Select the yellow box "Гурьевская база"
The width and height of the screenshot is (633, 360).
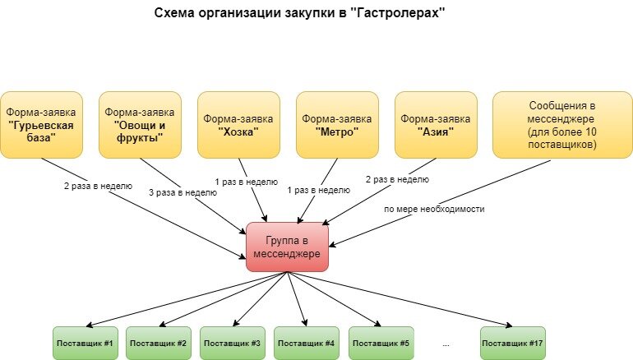[41, 124]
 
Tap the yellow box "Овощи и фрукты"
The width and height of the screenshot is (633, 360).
[140, 124]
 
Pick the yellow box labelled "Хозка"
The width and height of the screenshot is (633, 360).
[238, 124]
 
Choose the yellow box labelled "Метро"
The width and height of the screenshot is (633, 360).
[337, 124]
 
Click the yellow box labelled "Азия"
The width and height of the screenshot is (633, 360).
[436, 124]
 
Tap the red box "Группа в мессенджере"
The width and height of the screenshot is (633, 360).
[288, 247]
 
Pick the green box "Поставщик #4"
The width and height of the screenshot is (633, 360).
[307, 342]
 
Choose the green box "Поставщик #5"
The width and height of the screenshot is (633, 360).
[381, 342]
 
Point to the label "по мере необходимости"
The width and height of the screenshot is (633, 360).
[435, 209]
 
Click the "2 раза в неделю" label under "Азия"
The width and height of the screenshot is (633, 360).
[395, 178]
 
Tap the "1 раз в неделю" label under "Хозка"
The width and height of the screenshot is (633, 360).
[247, 181]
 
